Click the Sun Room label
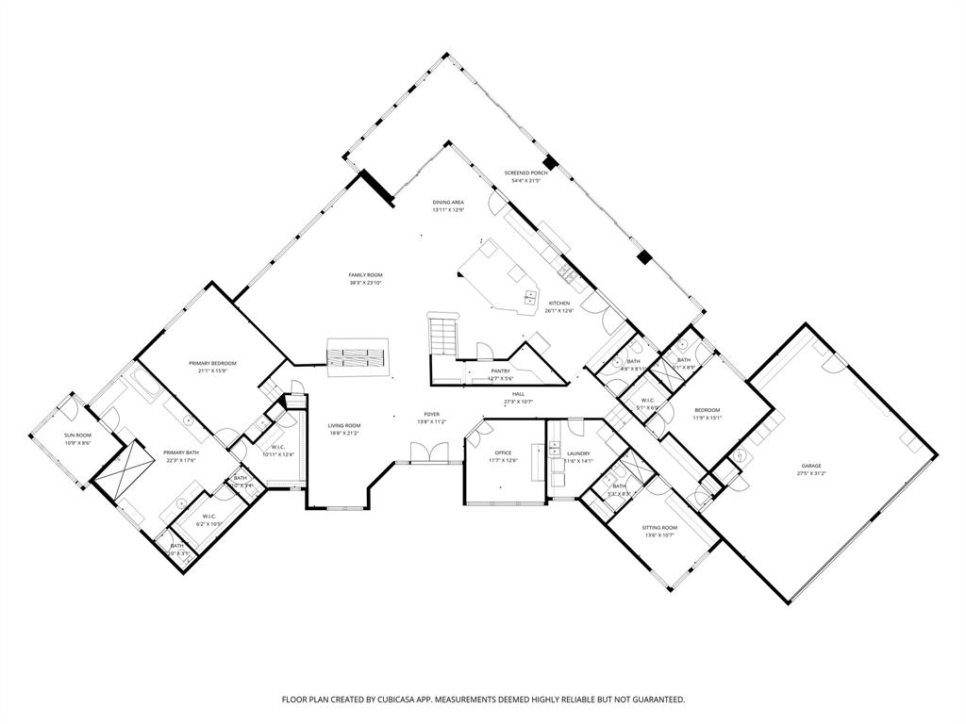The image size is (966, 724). [x=77, y=436]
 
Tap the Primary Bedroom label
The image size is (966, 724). [x=211, y=363]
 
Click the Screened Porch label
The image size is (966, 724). [x=525, y=173]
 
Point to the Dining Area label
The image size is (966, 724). [x=448, y=202]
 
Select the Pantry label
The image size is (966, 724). [x=500, y=370]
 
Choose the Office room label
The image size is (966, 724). [x=503, y=452]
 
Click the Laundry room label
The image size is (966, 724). [x=577, y=452]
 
